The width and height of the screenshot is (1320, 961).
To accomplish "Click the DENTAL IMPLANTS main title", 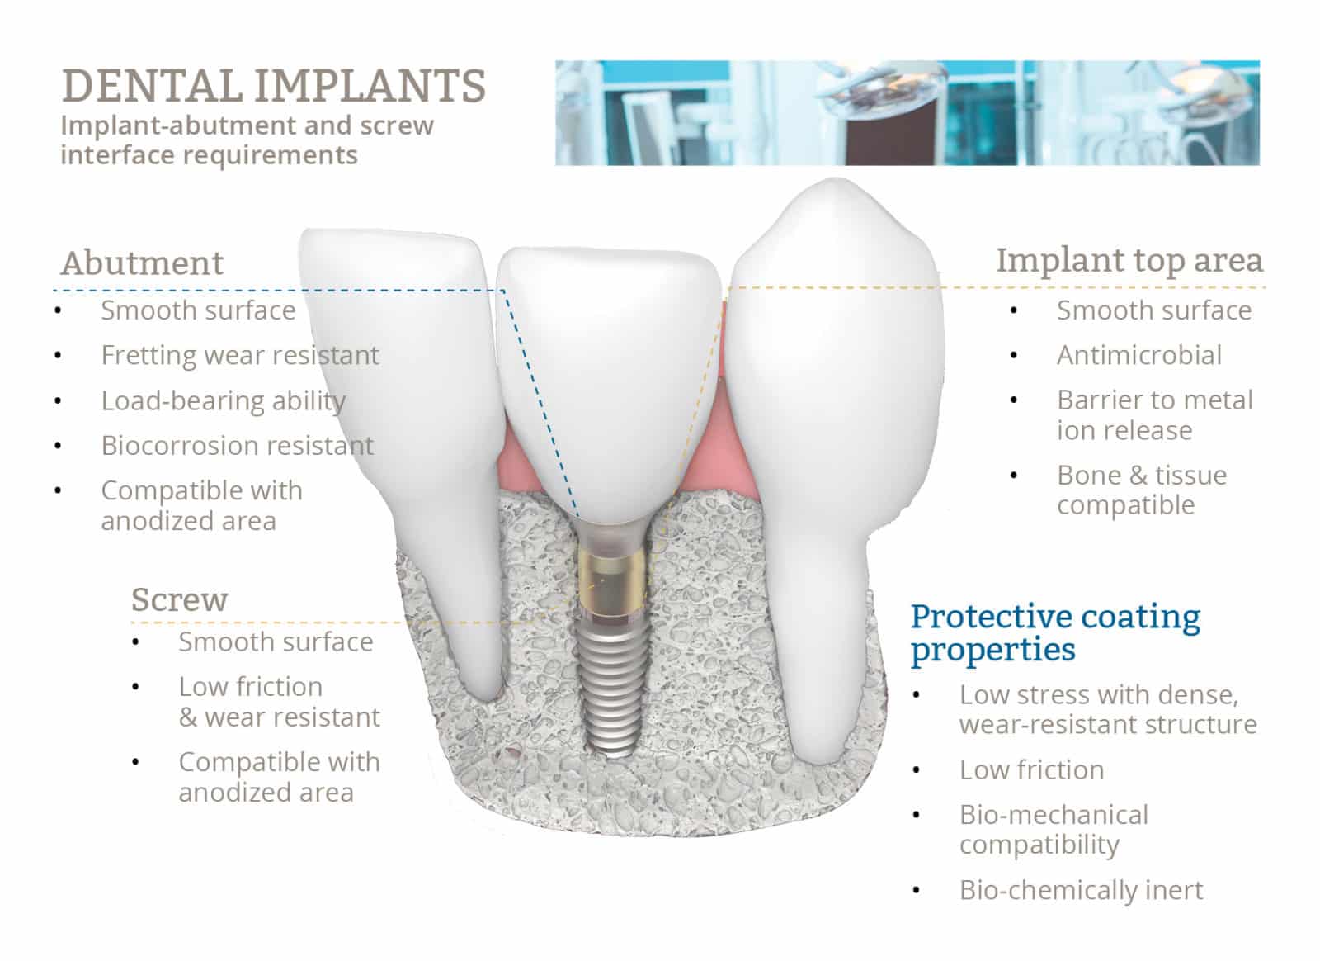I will click(x=273, y=86).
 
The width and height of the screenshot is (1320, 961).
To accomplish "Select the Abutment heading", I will click(x=142, y=263).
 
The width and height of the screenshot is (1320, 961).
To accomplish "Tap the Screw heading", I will click(x=179, y=599).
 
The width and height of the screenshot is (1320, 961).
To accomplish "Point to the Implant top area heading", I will click(x=1129, y=259).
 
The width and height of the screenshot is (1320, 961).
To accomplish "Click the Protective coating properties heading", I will click(x=1054, y=632).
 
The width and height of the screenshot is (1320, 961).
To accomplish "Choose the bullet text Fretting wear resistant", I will click(x=239, y=355).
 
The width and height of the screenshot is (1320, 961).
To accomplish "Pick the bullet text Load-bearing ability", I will click(x=223, y=400).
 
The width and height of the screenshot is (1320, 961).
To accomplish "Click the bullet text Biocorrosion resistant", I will click(x=237, y=446).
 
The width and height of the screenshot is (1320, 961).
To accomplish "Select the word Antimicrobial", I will click(x=1138, y=355).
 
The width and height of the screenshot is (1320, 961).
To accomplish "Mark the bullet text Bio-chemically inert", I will click(x=1081, y=890).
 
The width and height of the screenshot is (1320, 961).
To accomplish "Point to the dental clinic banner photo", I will click(x=907, y=112).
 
